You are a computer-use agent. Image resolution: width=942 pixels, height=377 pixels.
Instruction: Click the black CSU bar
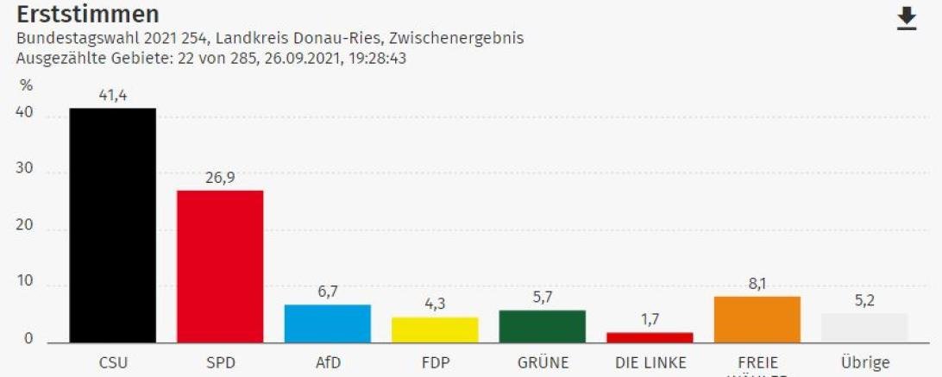[112, 225]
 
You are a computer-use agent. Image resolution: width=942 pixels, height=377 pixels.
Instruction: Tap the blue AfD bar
[327, 324]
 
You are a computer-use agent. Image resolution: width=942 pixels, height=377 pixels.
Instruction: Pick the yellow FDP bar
[435, 330]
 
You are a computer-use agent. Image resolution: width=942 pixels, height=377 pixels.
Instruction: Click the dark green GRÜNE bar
[543, 326]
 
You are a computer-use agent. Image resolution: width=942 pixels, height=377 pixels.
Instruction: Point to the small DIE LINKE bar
[650, 337]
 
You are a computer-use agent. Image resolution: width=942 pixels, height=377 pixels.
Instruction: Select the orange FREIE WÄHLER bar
[757, 319]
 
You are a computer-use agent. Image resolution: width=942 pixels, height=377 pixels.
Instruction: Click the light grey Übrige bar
[864, 328]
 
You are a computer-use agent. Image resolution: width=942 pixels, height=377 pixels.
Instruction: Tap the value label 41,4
[112, 95]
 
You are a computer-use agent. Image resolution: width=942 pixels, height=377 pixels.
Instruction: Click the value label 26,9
[220, 177]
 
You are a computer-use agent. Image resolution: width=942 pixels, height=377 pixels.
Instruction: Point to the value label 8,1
[757, 283]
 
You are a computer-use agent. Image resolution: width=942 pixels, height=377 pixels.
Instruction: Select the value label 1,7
[650, 319]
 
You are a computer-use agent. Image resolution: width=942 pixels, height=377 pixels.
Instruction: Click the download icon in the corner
[907, 18]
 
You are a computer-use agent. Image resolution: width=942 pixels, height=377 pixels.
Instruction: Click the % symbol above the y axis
[26, 85]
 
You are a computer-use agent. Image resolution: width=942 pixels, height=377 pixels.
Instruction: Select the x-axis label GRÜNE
[543, 363]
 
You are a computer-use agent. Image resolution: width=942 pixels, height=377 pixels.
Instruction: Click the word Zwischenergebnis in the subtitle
[456, 39]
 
